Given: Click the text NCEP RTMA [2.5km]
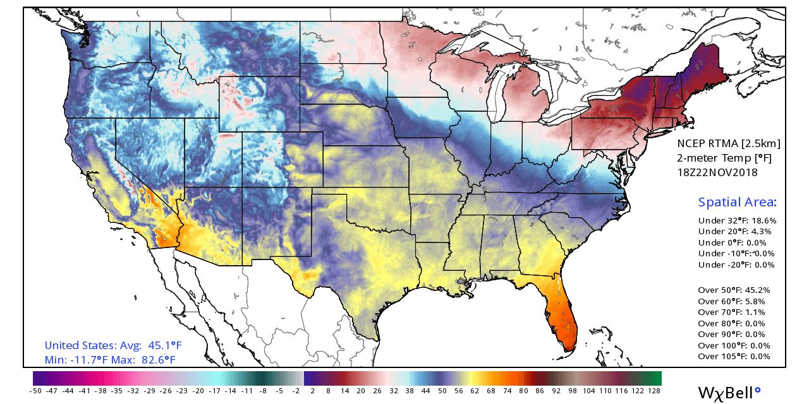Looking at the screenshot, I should click(728, 144).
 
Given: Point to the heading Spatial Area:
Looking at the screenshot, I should click(737, 203).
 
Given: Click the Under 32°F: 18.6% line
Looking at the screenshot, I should click(737, 221).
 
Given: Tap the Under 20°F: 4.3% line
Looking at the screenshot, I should click(735, 232).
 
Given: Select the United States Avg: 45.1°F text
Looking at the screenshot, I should click(113, 345).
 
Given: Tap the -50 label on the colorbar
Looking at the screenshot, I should click(35, 391).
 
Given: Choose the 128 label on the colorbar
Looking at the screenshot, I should click(655, 391).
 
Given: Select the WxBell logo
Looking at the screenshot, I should click(729, 391).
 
